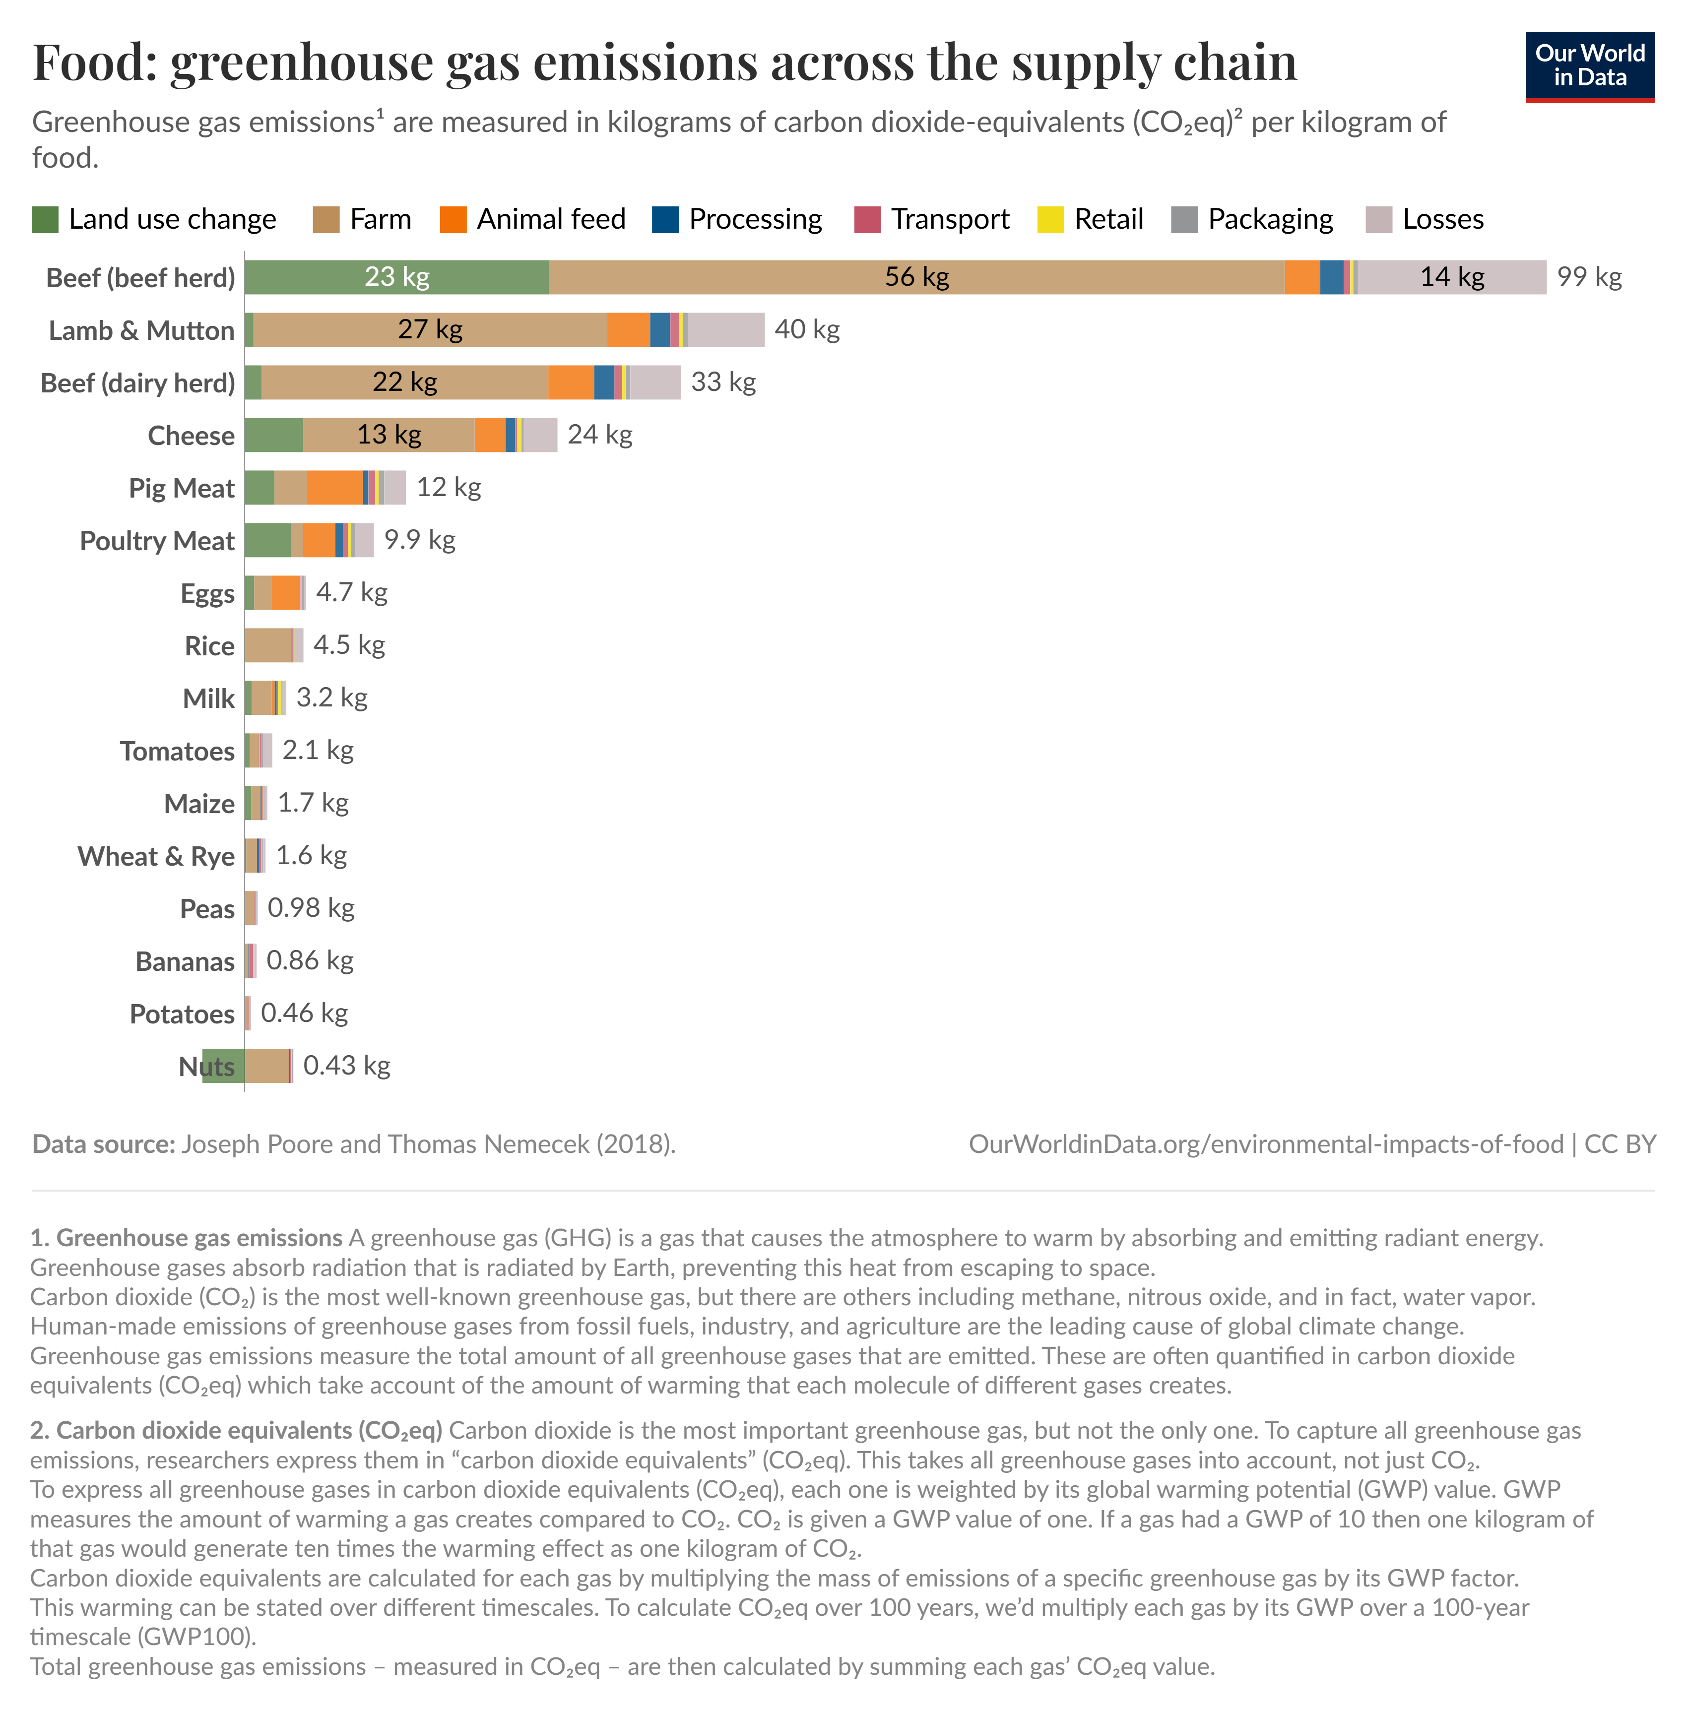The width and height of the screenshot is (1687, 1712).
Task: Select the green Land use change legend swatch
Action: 45,220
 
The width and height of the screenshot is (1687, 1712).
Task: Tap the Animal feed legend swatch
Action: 453,220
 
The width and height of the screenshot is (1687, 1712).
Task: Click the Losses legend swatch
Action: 1379,220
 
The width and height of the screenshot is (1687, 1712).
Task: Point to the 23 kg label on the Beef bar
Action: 397,277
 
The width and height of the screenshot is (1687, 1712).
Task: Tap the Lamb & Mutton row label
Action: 142,330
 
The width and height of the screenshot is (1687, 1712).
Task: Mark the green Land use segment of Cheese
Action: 274,435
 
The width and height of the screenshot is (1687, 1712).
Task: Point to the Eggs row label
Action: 207,593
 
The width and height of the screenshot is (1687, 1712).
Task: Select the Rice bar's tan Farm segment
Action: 267,645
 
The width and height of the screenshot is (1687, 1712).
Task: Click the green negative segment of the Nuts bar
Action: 223,1067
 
